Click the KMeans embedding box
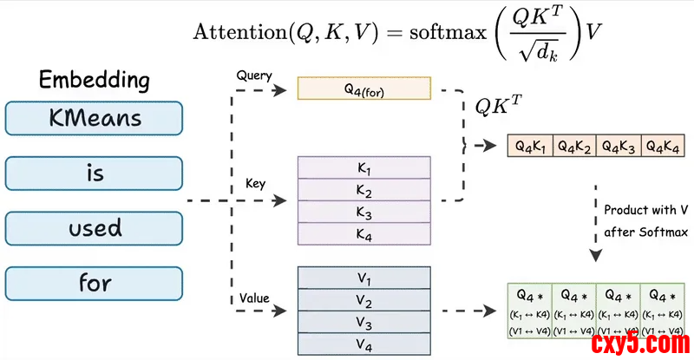point(94,118)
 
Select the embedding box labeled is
point(94,173)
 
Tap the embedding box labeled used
point(94,228)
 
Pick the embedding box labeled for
point(94,283)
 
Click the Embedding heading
point(94,81)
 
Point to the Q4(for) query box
point(364,88)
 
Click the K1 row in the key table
point(364,167)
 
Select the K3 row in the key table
point(364,212)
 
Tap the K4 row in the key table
point(364,234)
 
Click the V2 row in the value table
point(364,300)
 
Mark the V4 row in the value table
point(364,345)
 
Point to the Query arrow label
point(254,75)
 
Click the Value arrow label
point(253,299)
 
